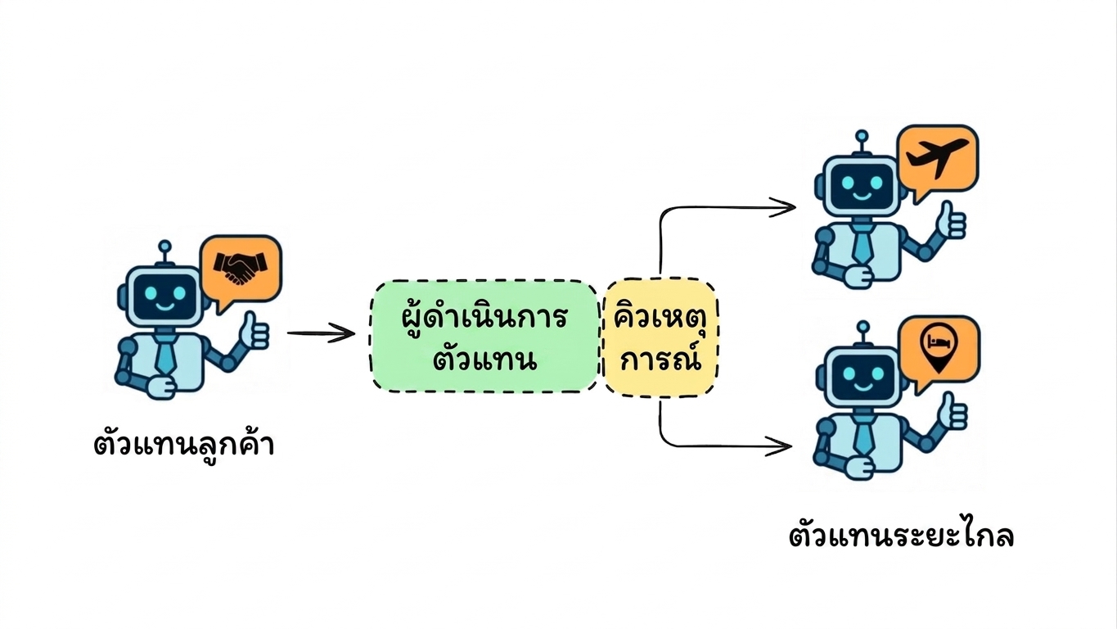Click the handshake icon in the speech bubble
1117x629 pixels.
point(241,268)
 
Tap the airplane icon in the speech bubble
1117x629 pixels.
point(937,156)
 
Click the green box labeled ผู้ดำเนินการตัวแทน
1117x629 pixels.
point(484,336)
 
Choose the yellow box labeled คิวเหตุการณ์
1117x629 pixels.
point(660,338)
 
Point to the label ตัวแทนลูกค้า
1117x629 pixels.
point(183,444)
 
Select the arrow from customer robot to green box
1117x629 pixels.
point(321,333)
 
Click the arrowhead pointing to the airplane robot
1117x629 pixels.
point(783,207)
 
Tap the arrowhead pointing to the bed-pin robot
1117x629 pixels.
point(779,446)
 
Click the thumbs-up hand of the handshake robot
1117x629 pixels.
point(254,331)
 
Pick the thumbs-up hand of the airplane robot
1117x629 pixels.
point(952,220)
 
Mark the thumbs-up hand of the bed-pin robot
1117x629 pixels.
point(953,411)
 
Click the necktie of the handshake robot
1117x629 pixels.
point(164,355)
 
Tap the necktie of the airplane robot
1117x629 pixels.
point(861,244)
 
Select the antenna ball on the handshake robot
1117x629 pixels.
point(164,246)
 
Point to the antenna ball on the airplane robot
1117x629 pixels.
point(862,136)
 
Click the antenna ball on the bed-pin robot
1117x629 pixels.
point(863,327)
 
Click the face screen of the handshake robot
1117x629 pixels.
point(165,296)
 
